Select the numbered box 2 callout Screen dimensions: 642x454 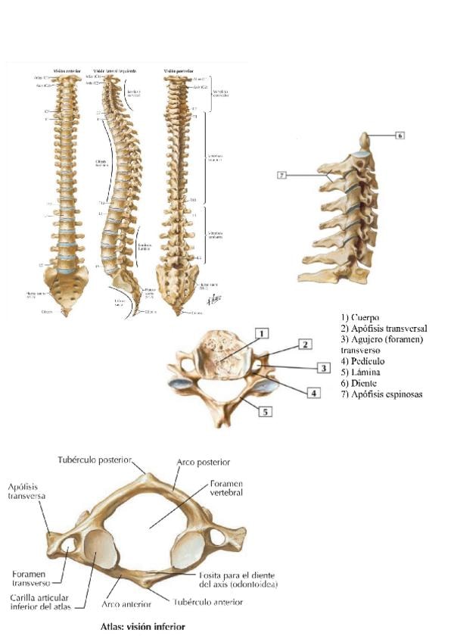click(x=303, y=344)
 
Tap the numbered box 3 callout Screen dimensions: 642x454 click(x=322, y=367)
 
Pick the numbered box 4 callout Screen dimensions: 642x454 click(x=312, y=394)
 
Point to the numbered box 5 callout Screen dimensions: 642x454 click(x=266, y=412)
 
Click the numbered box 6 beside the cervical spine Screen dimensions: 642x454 click(x=400, y=136)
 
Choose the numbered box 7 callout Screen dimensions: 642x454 click(x=281, y=176)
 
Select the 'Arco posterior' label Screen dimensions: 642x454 click(x=204, y=461)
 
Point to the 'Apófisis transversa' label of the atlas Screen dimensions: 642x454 click(x=27, y=491)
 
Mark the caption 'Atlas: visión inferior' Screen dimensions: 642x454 click(x=142, y=627)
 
